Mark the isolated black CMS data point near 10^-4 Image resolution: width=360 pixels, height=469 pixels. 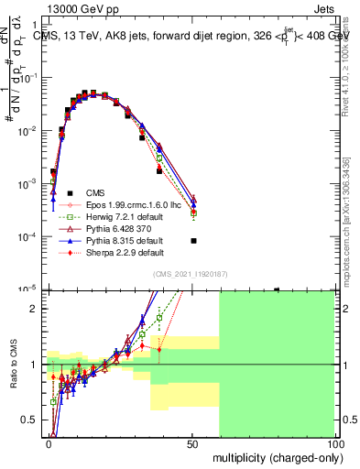[x=193, y=241]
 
